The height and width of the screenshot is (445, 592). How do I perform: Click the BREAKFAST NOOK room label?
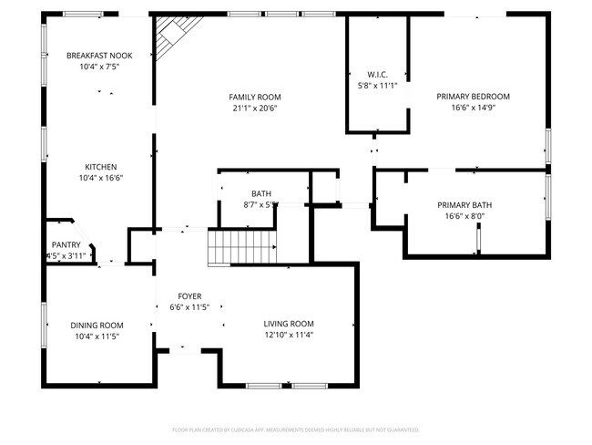(99, 56)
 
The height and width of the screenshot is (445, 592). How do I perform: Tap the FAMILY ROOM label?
(254, 97)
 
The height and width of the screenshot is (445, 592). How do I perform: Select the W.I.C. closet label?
(378, 75)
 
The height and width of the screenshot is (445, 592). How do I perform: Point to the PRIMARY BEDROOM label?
(473, 97)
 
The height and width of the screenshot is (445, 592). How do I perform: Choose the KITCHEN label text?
(100, 167)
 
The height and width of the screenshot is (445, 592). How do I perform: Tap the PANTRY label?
(66, 244)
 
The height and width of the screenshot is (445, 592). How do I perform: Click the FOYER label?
(189, 296)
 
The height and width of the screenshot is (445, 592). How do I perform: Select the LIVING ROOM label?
(289, 324)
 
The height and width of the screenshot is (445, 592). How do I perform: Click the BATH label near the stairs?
(261, 193)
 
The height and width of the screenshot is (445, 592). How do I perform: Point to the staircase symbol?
(243, 245)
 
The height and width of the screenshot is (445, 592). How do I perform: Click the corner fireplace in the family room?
(168, 39)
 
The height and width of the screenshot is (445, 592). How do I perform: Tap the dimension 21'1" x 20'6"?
(254, 108)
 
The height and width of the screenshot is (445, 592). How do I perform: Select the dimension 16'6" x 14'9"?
(473, 108)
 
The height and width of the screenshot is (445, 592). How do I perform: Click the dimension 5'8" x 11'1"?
(378, 86)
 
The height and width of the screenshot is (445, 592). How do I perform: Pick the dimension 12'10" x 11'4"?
(289, 335)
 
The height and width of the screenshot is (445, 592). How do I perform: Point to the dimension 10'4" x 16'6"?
(100, 178)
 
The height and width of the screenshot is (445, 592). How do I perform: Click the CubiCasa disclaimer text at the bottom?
(295, 429)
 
